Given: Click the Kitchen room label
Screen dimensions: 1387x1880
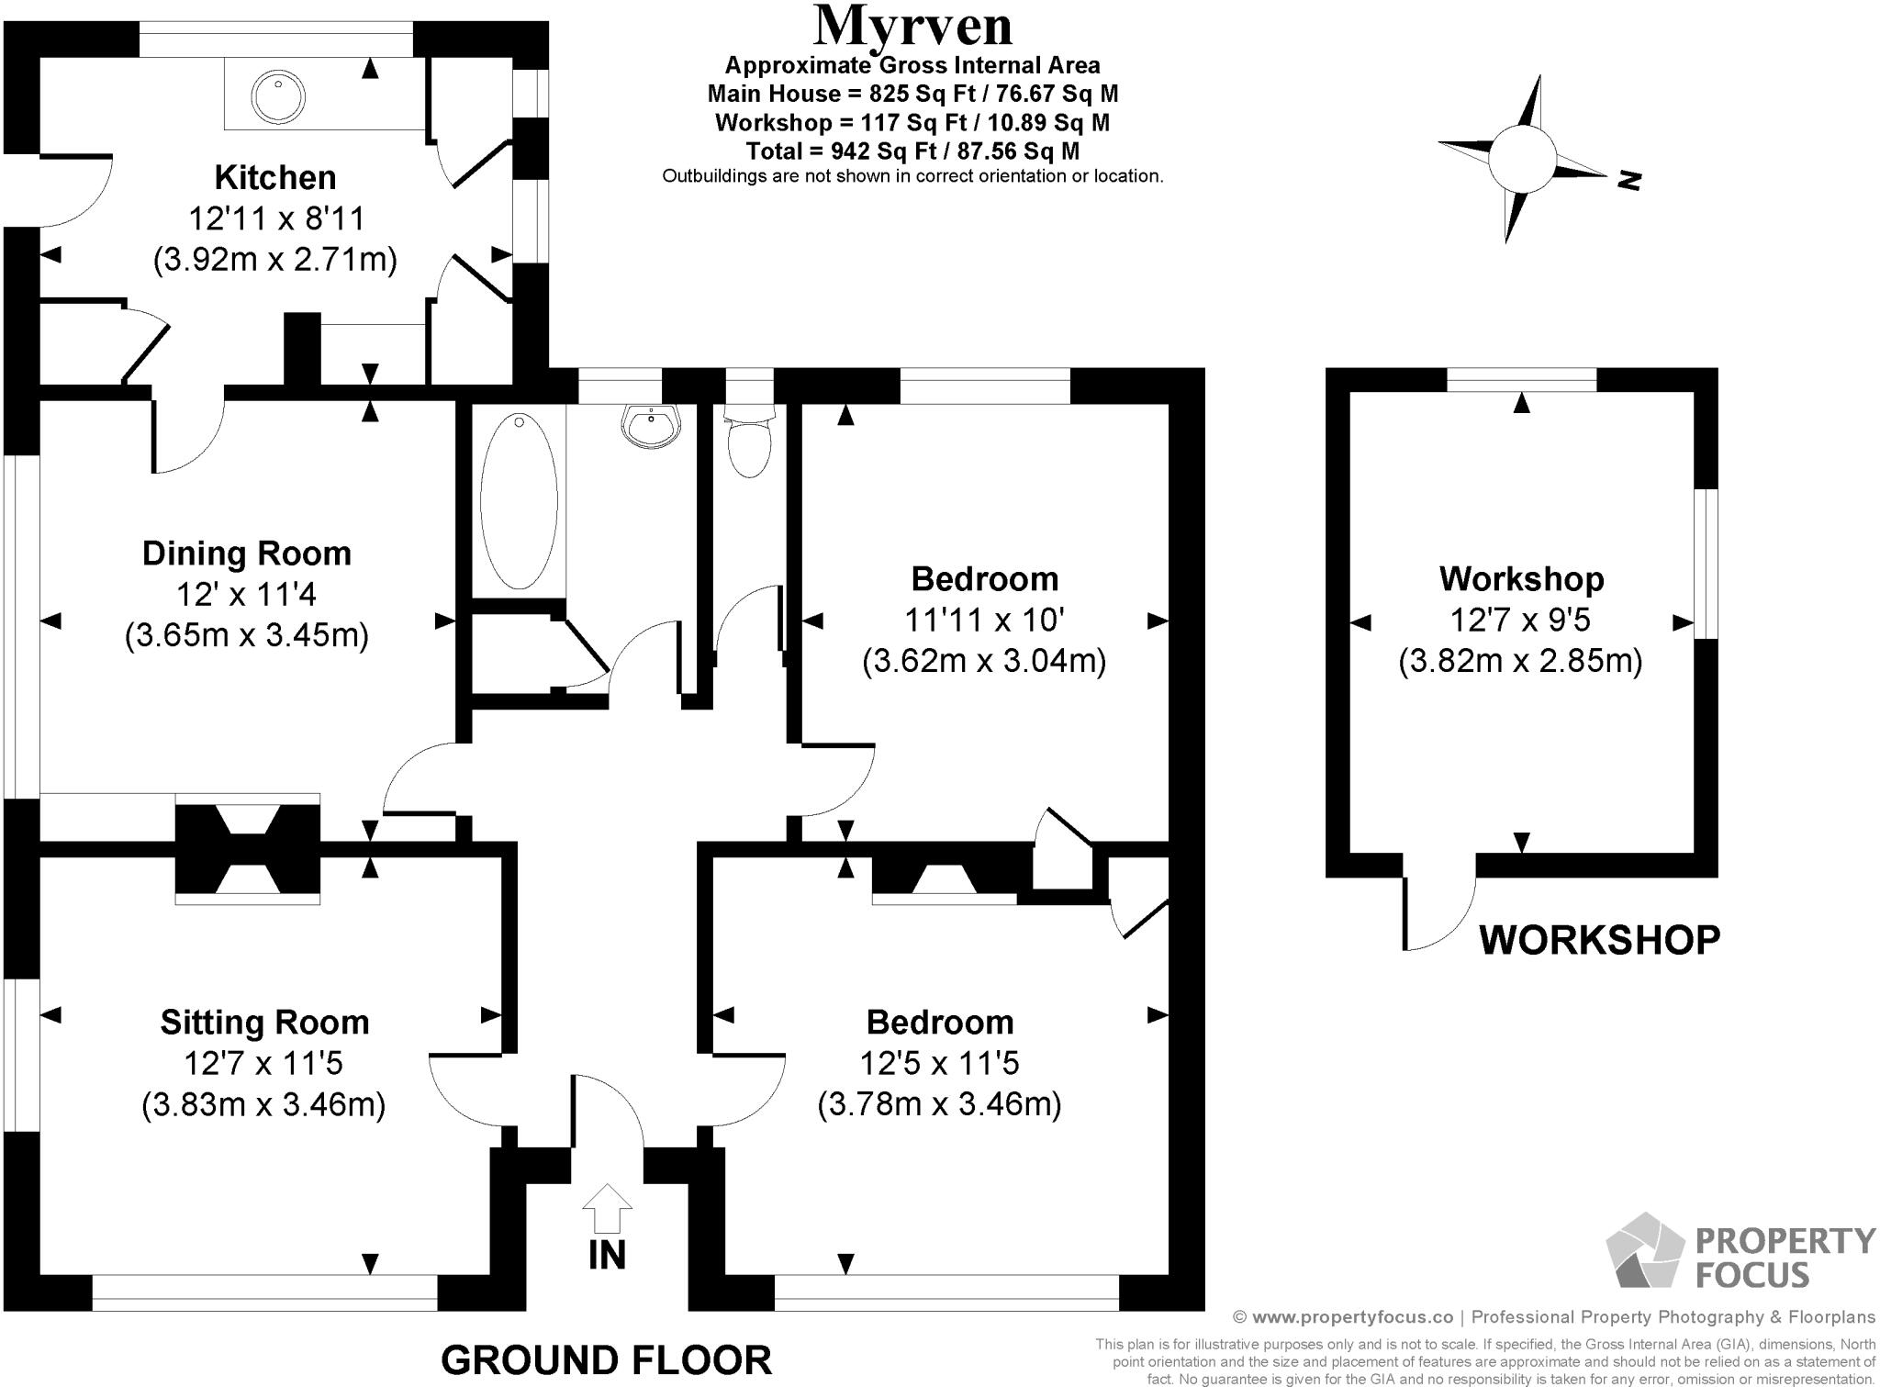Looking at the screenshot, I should pyautogui.click(x=274, y=177).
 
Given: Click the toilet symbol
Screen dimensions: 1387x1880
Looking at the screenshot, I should pyautogui.click(x=749, y=445).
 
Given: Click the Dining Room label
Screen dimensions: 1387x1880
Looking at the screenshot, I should pyautogui.click(x=246, y=554).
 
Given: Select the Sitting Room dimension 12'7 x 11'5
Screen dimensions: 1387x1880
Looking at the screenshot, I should pyautogui.click(x=263, y=1063).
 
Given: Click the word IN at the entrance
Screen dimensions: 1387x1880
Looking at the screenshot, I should pyautogui.click(x=607, y=1256).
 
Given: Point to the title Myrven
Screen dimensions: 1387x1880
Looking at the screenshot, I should pyautogui.click(x=912, y=27).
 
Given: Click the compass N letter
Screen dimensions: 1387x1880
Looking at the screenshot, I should pyautogui.click(x=1628, y=181).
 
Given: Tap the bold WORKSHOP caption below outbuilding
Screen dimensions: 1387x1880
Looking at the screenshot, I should pyautogui.click(x=1599, y=940).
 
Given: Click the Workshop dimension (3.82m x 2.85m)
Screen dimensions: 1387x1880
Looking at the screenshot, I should pyautogui.click(x=1520, y=661).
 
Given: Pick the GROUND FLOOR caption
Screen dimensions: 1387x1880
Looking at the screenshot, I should pyautogui.click(x=606, y=1359).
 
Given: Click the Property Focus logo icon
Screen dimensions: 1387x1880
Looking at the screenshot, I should pyautogui.click(x=1645, y=1250).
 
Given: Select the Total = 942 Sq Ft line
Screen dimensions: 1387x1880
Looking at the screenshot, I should pyautogui.click(x=912, y=151).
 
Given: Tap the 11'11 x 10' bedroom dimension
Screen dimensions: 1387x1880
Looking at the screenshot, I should pyautogui.click(x=984, y=621).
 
